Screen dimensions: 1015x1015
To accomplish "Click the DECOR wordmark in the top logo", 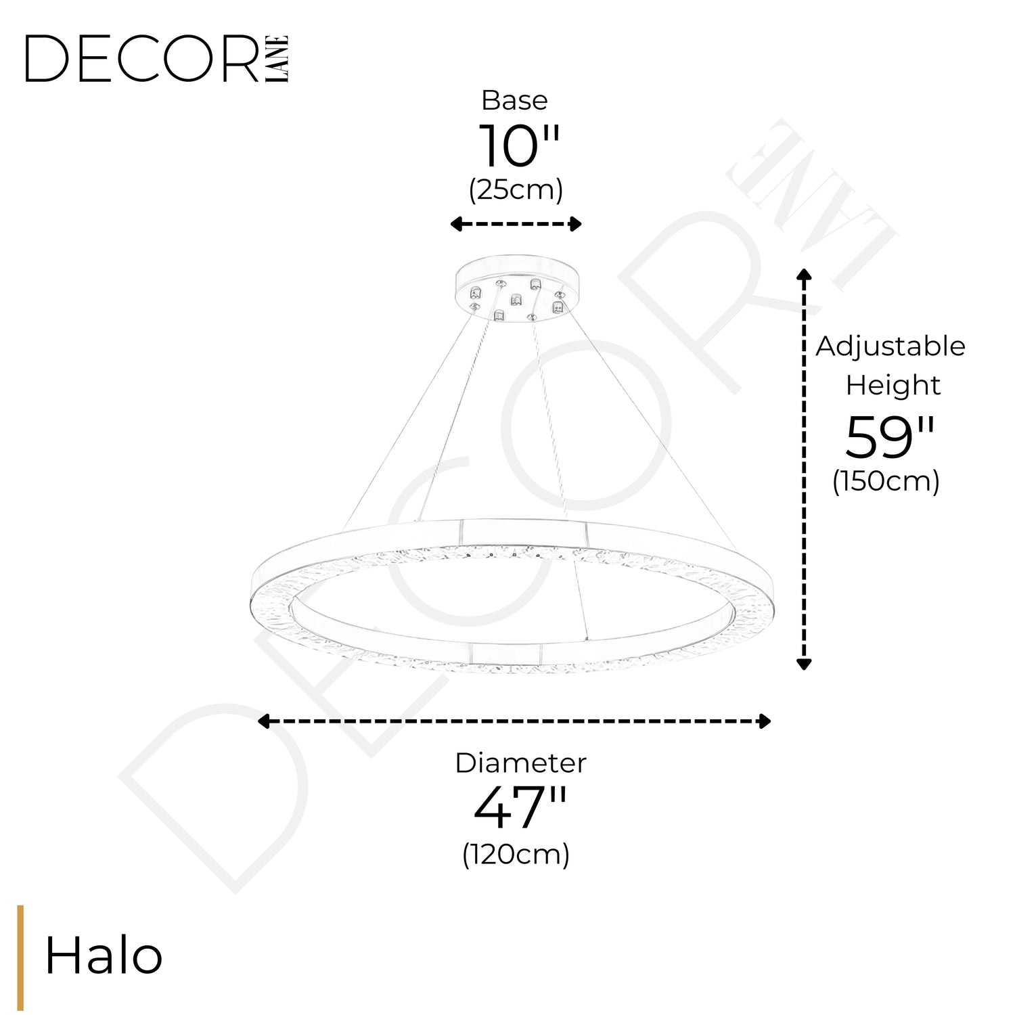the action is click(x=142, y=59).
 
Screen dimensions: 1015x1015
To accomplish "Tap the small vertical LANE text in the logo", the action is click(x=278, y=59).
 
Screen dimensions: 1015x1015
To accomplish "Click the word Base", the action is click(x=515, y=100).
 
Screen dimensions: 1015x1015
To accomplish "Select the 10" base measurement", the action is click(x=520, y=146).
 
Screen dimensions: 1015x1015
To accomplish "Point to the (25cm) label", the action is click(x=516, y=190).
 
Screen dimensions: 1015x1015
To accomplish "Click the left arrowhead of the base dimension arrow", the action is click(x=457, y=224).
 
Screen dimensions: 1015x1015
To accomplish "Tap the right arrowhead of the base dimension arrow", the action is click(x=575, y=224).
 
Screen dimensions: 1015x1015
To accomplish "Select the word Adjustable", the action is click(x=890, y=347).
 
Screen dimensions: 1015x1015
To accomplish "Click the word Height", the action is click(x=893, y=386).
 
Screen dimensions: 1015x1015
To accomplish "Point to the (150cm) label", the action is click(x=886, y=482).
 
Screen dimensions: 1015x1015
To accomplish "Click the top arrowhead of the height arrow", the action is click(x=804, y=274).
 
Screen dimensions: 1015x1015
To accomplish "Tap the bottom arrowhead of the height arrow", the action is click(x=804, y=663).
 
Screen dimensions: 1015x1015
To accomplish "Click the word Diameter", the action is click(x=521, y=763).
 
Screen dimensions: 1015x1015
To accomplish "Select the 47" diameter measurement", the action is click(x=520, y=808).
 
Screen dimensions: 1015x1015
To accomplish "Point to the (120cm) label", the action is click(x=516, y=854).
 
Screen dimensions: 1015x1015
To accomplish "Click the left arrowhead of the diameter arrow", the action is click(x=265, y=721).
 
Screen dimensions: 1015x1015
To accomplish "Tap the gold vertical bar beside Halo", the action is click(x=20, y=957).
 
